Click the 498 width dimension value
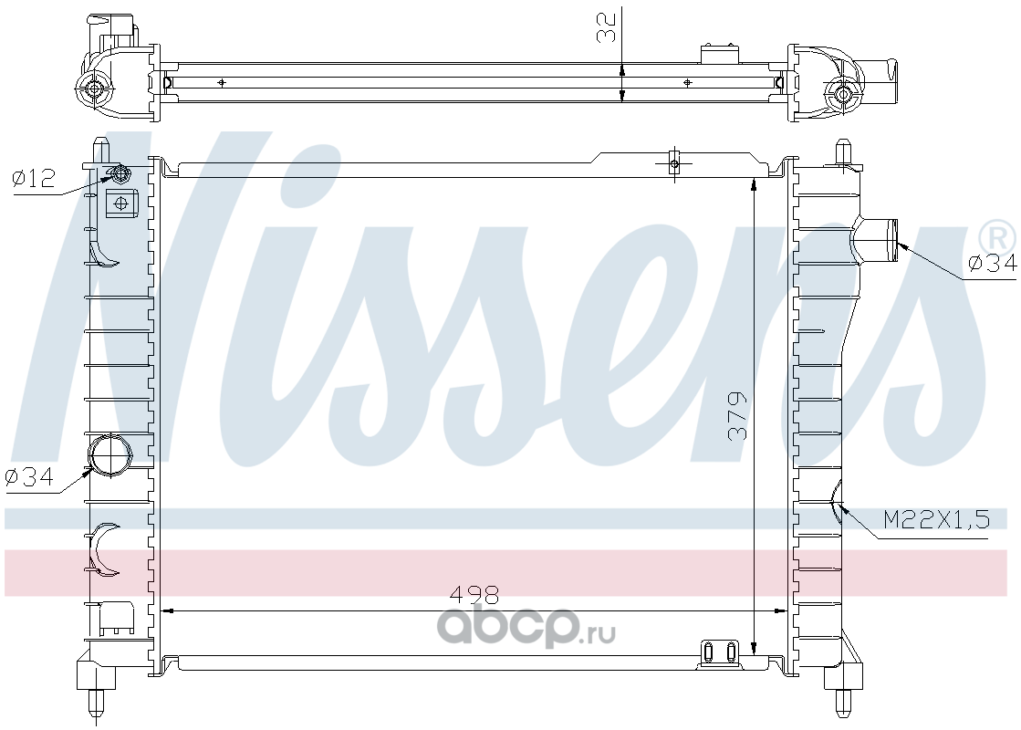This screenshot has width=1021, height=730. (x=474, y=594)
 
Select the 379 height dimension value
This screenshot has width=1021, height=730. (x=737, y=416)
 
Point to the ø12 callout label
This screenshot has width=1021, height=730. (x=34, y=178)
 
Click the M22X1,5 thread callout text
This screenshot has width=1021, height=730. (x=936, y=519)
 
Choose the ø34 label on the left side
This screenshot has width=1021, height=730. (x=28, y=477)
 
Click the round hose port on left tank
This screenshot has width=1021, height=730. (x=109, y=454)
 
